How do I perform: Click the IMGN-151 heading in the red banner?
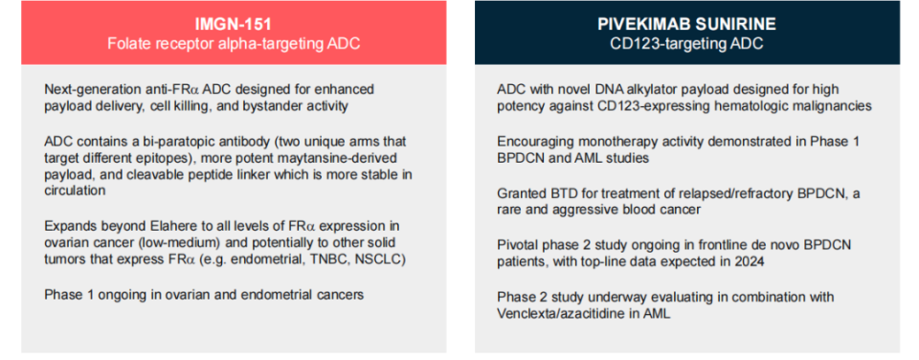click(234, 24)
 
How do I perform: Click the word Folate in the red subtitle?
click(125, 44)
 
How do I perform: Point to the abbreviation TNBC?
click(331, 259)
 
